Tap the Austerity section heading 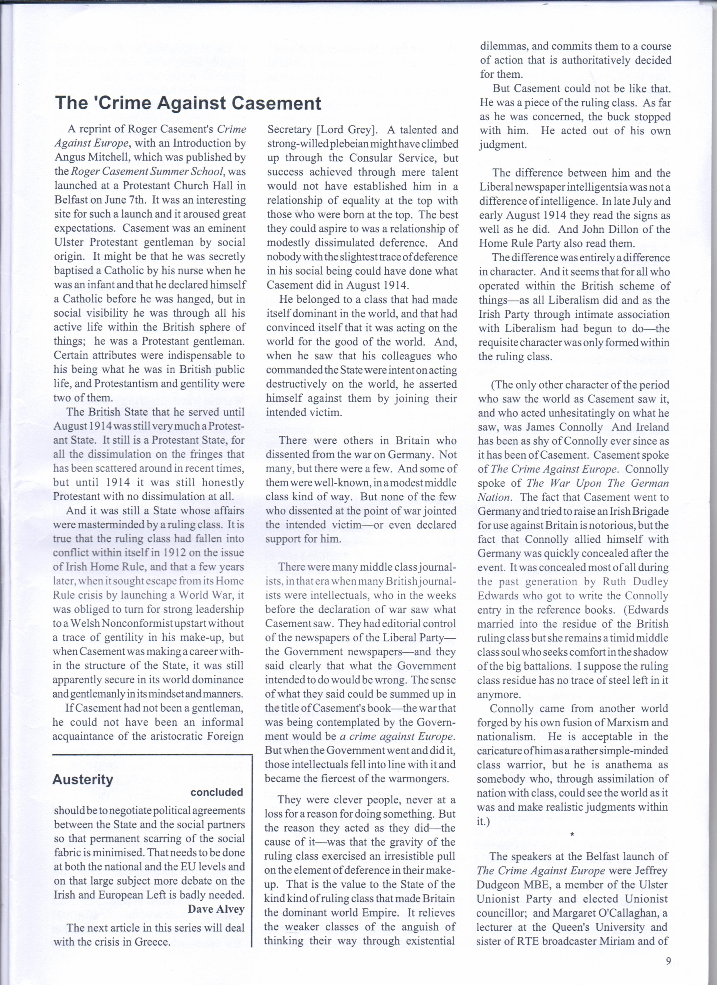point(82,780)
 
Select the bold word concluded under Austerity point(216,792)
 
